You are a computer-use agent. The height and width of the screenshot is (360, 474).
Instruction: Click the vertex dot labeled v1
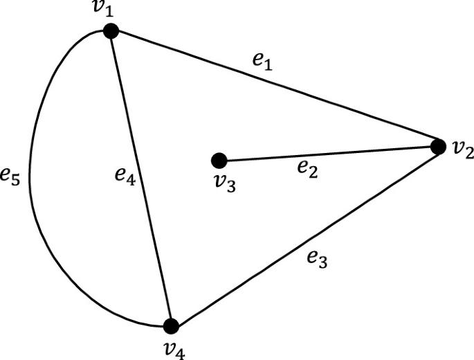click(111, 30)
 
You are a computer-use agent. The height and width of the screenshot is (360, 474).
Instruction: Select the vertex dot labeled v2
click(437, 146)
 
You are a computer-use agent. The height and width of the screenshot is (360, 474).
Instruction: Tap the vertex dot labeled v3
click(219, 161)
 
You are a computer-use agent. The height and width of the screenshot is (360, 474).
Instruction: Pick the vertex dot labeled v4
click(171, 325)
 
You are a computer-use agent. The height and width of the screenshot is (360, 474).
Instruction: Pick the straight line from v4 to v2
click(304, 235)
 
